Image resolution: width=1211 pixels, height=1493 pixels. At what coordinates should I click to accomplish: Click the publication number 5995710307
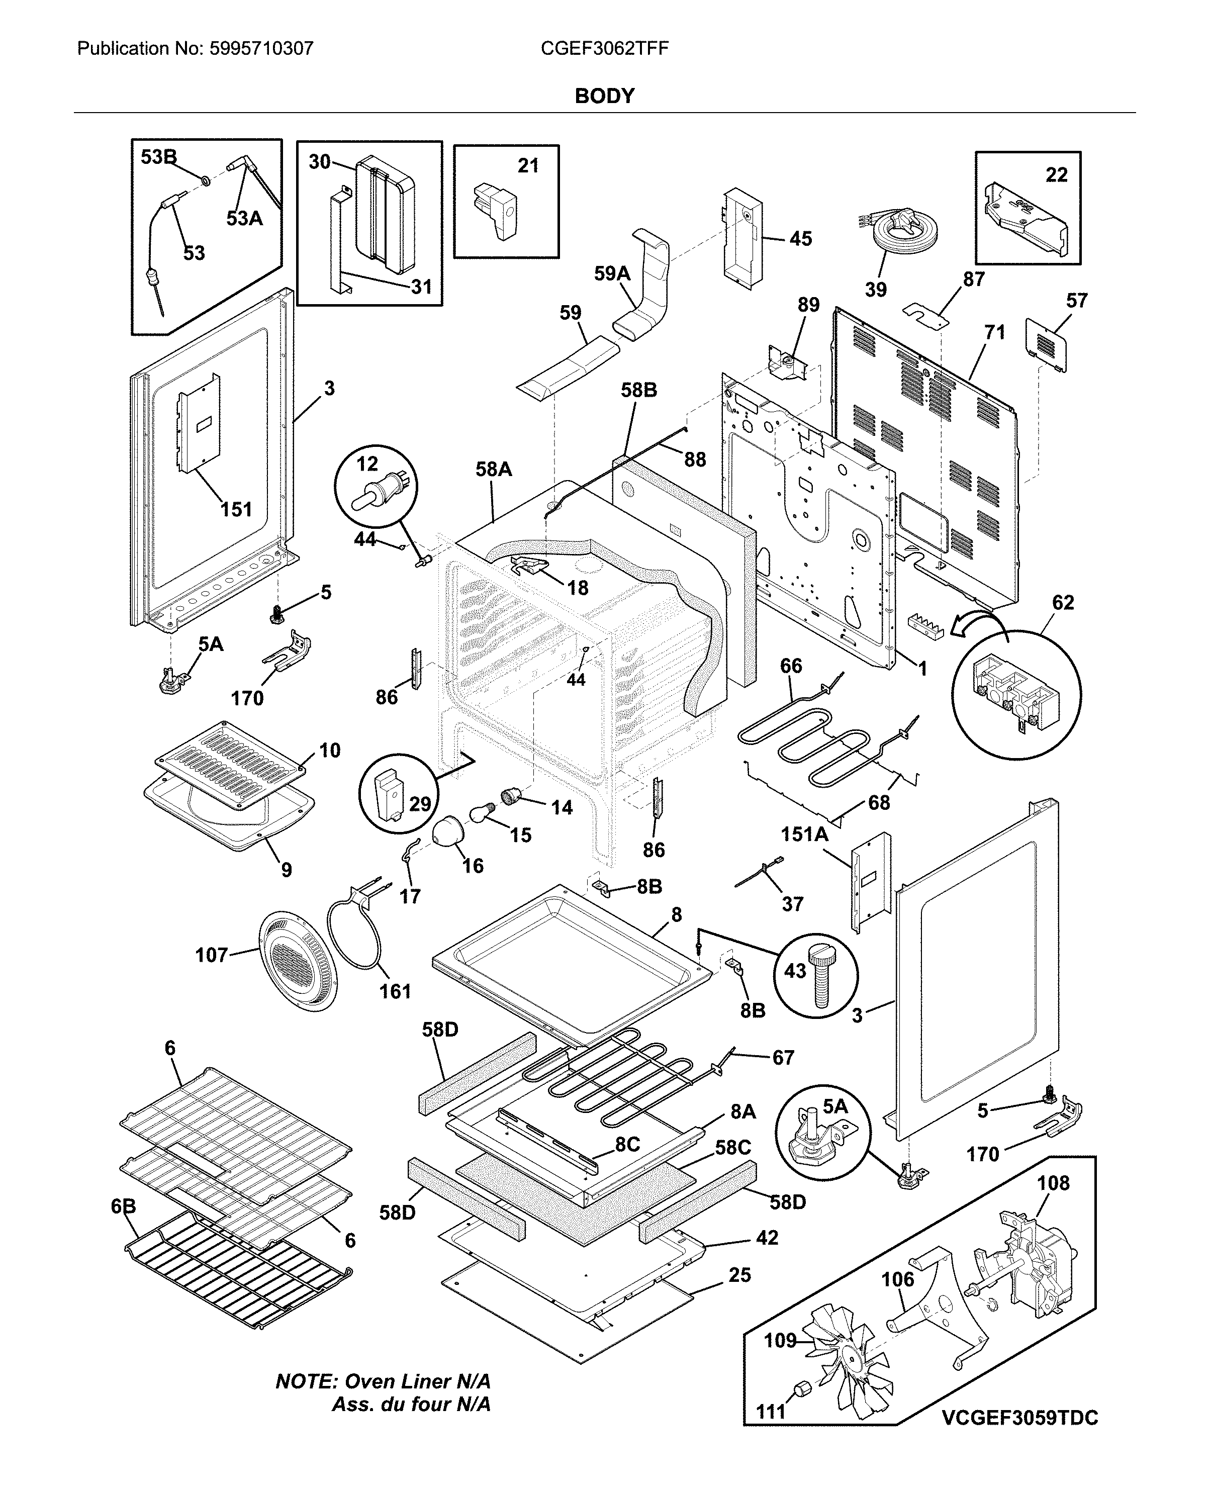[261, 49]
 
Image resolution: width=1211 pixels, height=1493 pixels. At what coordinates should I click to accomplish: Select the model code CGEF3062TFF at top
[604, 49]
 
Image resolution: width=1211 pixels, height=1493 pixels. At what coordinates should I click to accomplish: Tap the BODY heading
[604, 97]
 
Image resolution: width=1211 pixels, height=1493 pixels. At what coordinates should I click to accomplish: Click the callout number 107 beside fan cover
[211, 955]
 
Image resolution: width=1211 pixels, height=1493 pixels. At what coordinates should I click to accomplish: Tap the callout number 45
[800, 239]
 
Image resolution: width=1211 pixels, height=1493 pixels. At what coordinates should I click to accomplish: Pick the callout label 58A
[493, 470]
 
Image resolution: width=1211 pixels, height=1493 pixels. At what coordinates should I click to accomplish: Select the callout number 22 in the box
[1056, 174]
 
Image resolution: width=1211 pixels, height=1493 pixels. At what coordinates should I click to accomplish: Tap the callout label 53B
[158, 157]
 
